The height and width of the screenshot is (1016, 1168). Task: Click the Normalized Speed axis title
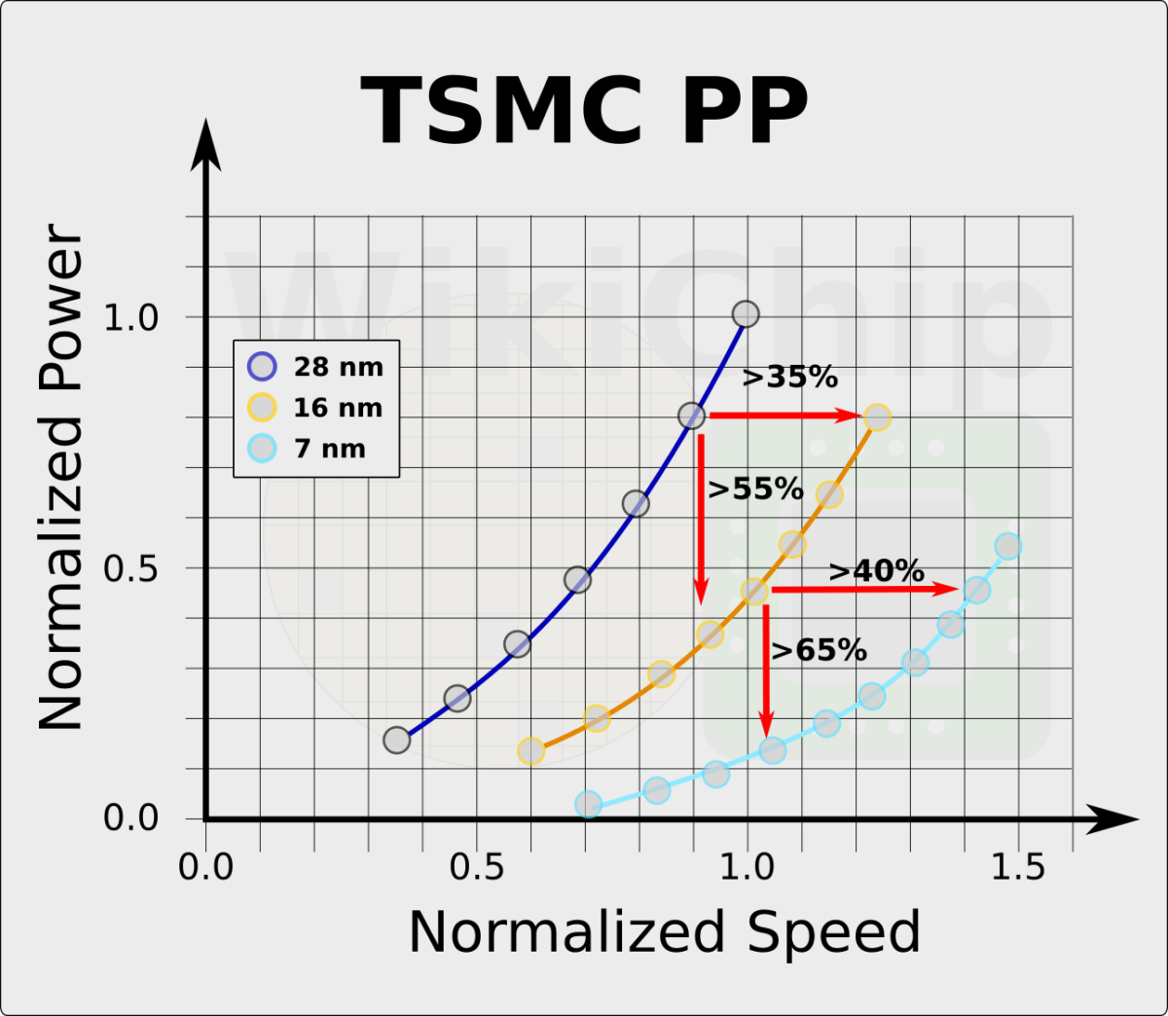[x=664, y=932]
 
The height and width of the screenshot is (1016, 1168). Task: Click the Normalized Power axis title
[x=61, y=477]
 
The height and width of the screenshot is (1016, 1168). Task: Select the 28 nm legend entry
[x=315, y=367]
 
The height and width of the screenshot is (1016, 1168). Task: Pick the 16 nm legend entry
[x=315, y=408]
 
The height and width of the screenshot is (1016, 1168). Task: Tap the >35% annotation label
[x=789, y=378]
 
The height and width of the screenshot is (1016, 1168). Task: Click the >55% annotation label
[x=755, y=489]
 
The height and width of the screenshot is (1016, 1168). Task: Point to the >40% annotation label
[x=876, y=571]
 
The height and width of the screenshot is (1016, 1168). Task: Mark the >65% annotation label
[x=819, y=650]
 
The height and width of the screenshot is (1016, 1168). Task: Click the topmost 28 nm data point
[x=746, y=314]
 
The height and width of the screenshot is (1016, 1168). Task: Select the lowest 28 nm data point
[x=396, y=740]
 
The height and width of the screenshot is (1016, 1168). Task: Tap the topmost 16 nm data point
[x=877, y=417]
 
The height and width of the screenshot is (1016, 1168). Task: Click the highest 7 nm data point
[x=1008, y=546]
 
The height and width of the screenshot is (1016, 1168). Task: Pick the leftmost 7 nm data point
[x=588, y=805]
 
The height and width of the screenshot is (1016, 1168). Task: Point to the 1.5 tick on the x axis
[x=1018, y=867]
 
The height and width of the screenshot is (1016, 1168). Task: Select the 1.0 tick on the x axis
[x=747, y=867]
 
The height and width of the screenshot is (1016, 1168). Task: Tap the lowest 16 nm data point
[x=530, y=751]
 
